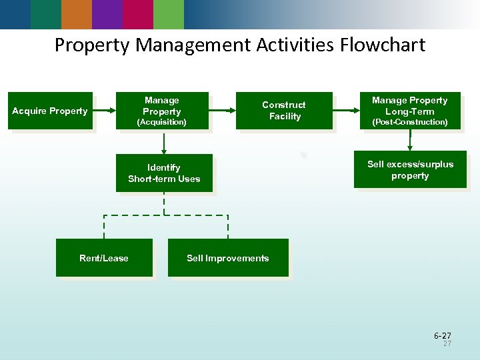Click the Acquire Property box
pos(50,111)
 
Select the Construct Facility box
pos(284,111)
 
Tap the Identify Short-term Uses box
pos(164,173)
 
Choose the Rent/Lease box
pos(104,258)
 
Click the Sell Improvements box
pos(228,258)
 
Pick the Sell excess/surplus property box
pos(410,170)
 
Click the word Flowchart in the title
pos(383,45)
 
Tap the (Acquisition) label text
pos(162,123)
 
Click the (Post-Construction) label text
pos(410,123)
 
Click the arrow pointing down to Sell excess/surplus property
pos(410,140)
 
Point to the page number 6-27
pos(442,335)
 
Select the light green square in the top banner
pos(169,14)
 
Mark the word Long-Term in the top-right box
pos(410,111)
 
